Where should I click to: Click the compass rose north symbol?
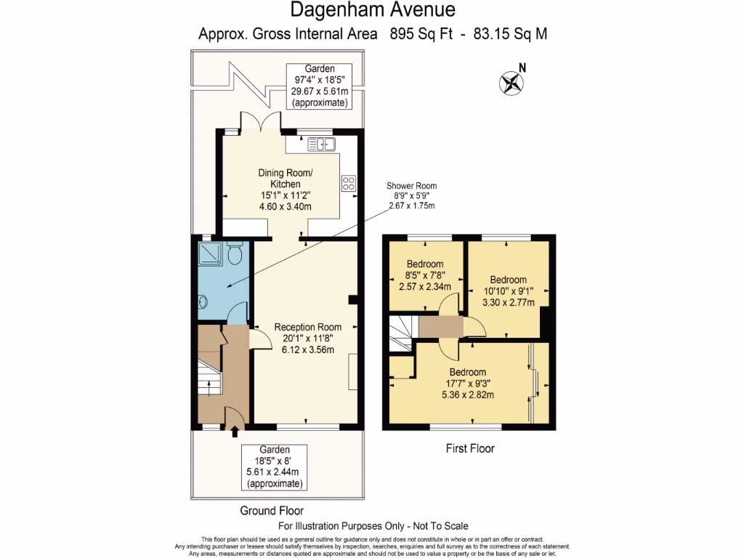[x=512, y=83]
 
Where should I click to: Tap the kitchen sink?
[x=321, y=144]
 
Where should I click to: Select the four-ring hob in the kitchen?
[x=348, y=183]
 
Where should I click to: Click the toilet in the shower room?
[x=235, y=254]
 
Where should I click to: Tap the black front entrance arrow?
[x=235, y=432]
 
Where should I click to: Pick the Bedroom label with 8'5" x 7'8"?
[x=425, y=275]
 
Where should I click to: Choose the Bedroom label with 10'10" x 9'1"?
[x=508, y=291]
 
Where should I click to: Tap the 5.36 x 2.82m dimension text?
[x=468, y=395]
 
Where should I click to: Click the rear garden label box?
[x=320, y=86]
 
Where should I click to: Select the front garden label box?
[x=274, y=467]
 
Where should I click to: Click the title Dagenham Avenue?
[x=373, y=9]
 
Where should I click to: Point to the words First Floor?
[x=470, y=448]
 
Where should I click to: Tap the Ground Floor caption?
[x=272, y=511]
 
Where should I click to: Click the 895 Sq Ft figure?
[x=421, y=33]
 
